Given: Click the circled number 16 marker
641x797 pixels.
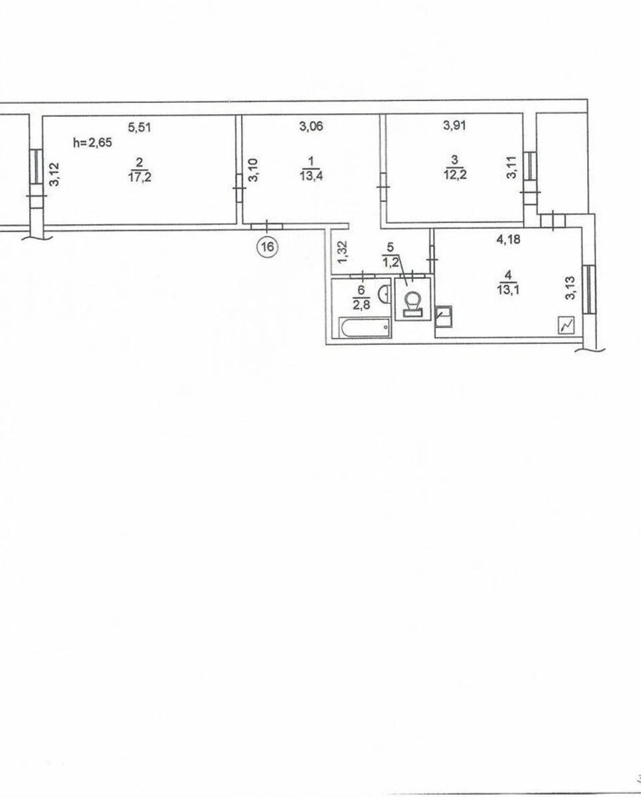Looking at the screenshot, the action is [x=268, y=246].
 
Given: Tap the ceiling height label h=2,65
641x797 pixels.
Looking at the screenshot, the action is [x=92, y=143].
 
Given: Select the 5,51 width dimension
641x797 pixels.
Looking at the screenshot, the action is [x=139, y=128].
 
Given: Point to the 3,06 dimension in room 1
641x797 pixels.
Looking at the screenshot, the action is [x=312, y=126].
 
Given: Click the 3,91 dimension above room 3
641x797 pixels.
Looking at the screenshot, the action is [x=454, y=125].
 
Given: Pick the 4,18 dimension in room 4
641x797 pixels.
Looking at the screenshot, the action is [x=508, y=240].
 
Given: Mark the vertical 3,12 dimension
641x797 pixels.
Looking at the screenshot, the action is [x=54, y=174].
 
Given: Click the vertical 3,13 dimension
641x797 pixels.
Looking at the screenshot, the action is [x=571, y=288].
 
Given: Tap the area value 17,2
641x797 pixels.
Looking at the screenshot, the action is [x=139, y=177].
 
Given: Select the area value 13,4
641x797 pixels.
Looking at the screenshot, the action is [x=312, y=175].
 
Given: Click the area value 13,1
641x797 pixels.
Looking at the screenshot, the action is [x=508, y=290].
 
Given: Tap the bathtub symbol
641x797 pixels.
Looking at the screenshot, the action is [x=365, y=327].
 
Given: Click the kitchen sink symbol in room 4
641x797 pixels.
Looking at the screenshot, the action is [x=444, y=316].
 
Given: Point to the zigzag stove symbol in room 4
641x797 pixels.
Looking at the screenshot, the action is [x=566, y=325].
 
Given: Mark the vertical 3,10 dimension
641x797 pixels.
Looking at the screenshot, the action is [x=254, y=170].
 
